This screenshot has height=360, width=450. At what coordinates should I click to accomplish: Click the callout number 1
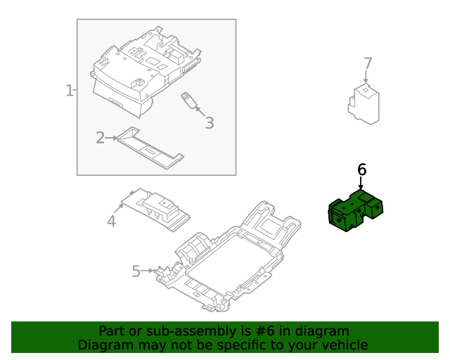[x=70, y=91]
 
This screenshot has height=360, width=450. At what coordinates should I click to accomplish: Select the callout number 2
[x=100, y=138]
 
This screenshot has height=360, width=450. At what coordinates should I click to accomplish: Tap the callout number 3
[x=209, y=123]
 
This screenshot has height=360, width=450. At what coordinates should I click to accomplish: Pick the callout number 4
[x=111, y=222]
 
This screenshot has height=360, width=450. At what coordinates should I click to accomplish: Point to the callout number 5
[x=136, y=271]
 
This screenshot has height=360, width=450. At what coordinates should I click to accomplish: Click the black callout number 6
[x=361, y=169]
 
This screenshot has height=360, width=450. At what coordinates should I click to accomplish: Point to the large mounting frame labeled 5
[x=232, y=260]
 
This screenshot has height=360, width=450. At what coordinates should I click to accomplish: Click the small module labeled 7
[x=364, y=103]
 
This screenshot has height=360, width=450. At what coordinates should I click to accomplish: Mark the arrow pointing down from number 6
[x=361, y=183]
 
